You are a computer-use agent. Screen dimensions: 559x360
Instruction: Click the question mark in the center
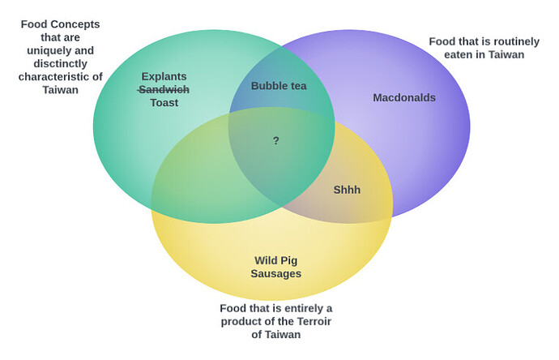click(276, 140)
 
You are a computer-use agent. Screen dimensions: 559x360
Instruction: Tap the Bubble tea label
click(279, 86)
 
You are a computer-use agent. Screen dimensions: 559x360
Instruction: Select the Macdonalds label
click(404, 98)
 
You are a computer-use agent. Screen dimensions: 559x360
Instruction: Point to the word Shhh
click(347, 190)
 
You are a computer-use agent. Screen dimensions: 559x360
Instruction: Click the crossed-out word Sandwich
click(164, 89)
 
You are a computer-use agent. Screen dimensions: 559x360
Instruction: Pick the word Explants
click(164, 77)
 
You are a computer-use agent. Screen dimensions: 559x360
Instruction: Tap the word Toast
click(164, 103)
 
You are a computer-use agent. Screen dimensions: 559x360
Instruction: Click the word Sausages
click(276, 274)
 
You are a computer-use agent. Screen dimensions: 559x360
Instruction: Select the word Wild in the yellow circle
click(266, 260)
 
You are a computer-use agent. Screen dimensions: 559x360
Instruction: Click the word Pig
click(288, 261)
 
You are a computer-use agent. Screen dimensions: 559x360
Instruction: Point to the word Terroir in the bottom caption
click(314, 321)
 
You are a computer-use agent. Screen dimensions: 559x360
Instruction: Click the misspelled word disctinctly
click(60, 64)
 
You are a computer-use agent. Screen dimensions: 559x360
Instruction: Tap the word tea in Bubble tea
click(298, 86)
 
